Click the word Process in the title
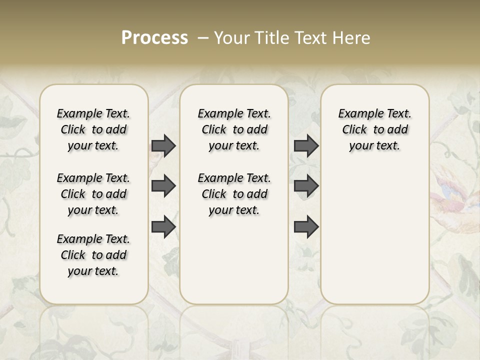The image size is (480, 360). click(x=154, y=38)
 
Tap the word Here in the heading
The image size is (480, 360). click(x=353, y=38)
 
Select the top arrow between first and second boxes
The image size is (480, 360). click(x=163, y=145)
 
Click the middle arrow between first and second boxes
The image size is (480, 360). click(x=163, y=186)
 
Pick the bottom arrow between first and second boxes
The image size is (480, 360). click(x=163, y=226)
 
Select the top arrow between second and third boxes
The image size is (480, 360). click(x=306, y=145)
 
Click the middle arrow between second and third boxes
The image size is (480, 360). click(x=306, y=186)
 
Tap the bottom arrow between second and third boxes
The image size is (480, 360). click(x=306, y=226)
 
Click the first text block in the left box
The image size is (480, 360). click(x=93, y=129)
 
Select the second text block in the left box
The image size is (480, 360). click(x=93, y=194)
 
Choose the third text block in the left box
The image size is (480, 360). click(x=93, y=255)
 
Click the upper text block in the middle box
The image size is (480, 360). click(x=234, y=129)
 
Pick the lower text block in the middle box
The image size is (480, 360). click(x=234, y=194)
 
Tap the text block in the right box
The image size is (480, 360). click(x=375, y=129)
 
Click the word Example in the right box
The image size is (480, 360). click(x=356, y=113)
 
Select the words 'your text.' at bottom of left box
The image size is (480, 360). click(x=93, y=271)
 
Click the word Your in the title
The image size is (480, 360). click(x=230, y=38)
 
